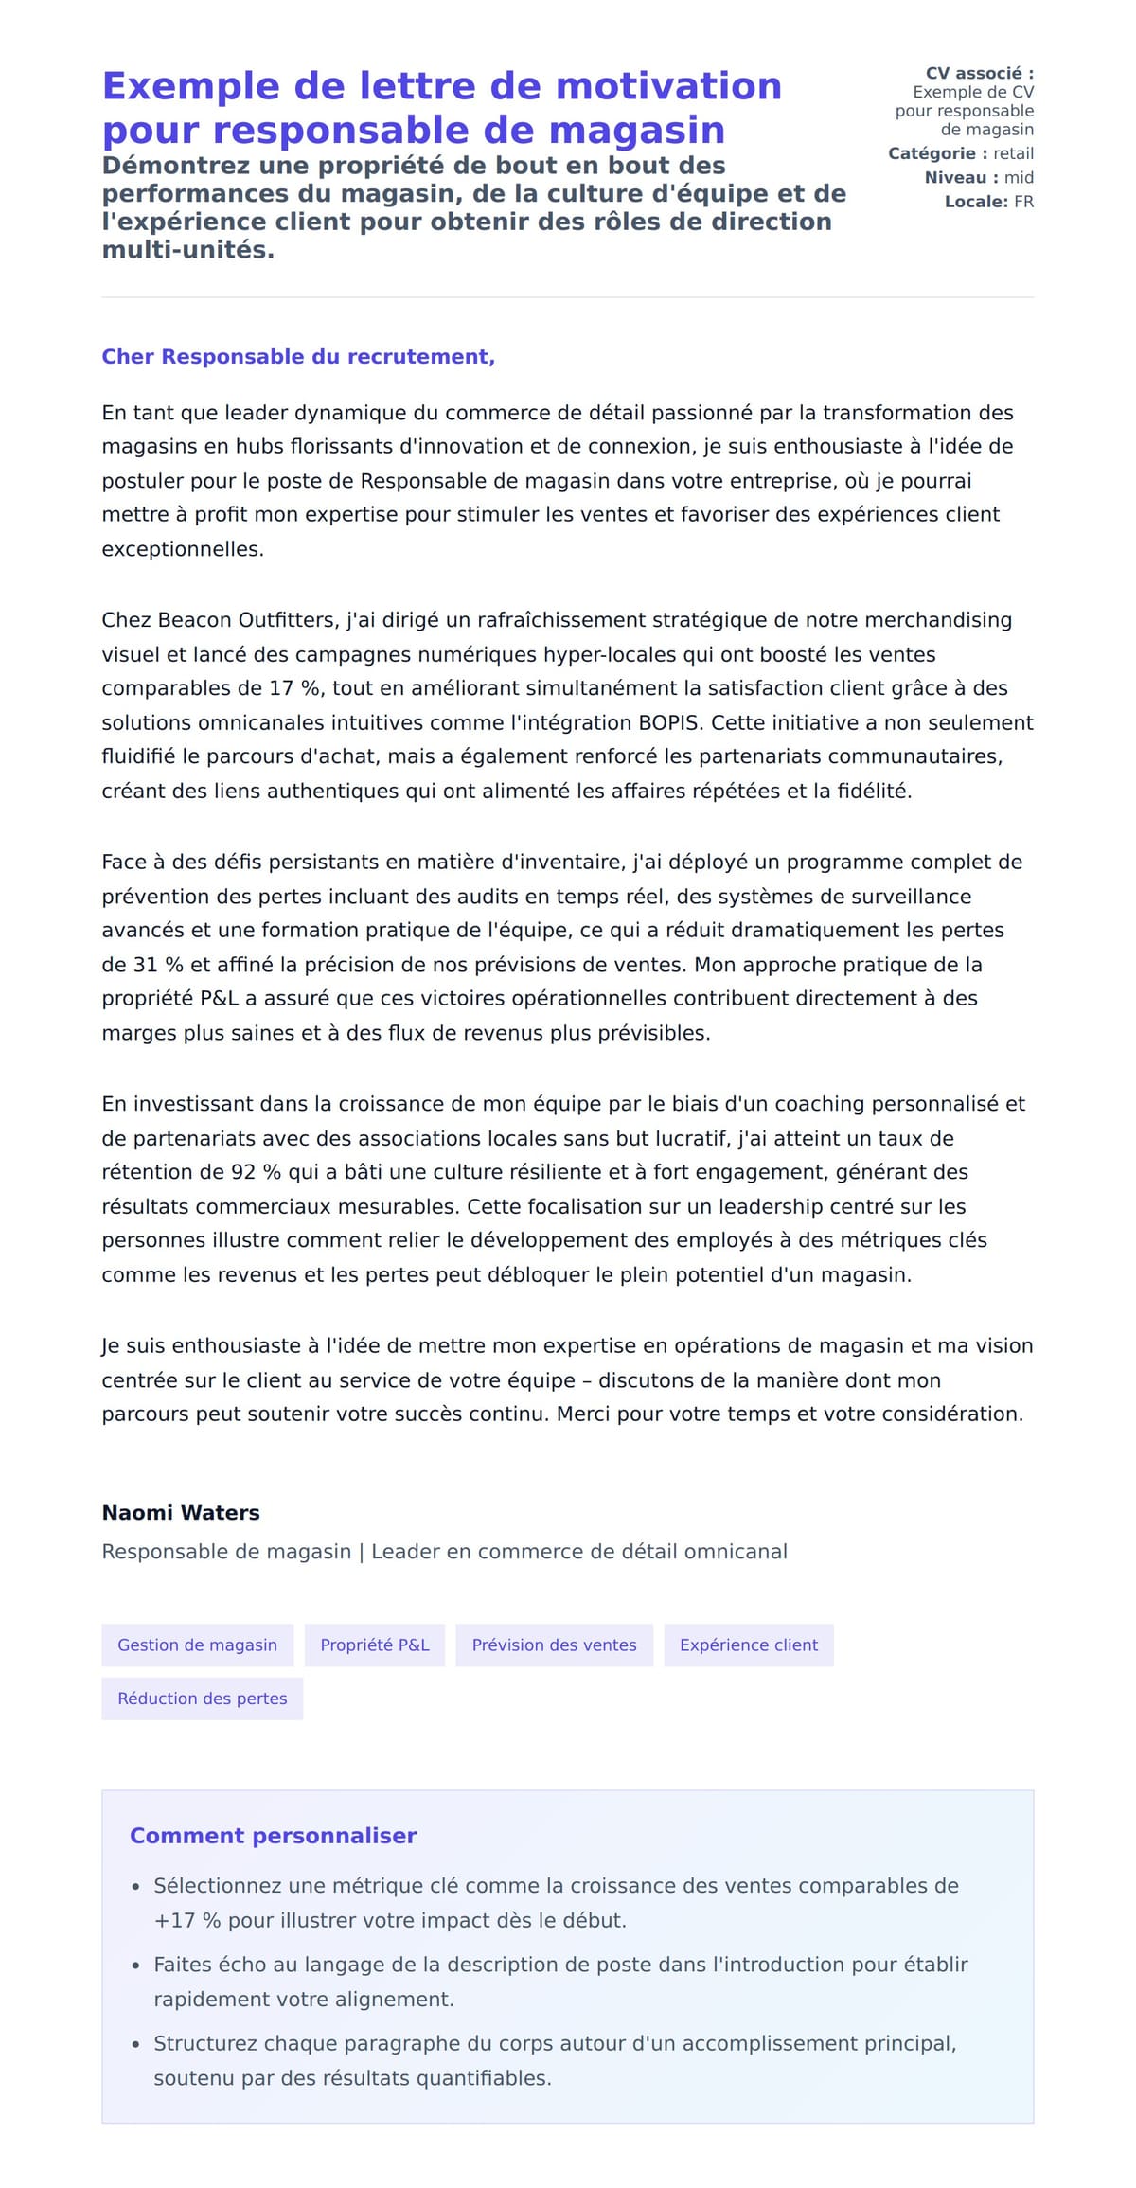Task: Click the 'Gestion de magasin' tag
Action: coord(197,1645)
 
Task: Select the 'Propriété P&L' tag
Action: coord(375,1645)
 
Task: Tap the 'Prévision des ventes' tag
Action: coord(554,1645)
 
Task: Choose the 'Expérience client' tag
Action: coord(748,1645)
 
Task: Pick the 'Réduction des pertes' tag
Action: coord(202,1699)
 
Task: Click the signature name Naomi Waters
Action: coord(181,1512)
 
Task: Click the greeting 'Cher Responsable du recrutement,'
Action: coord(298,357)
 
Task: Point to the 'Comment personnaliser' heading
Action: coord(273,1836)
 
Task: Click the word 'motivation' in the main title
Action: coord(668,86)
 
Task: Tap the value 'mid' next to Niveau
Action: coord(1019,178)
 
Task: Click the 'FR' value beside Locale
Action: coord(1023,202)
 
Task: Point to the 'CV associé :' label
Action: coord(979,73)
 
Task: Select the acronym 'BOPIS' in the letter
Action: coord(669,722)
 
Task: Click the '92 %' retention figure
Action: coord(256,1172)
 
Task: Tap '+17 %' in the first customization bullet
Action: coord(187,1921)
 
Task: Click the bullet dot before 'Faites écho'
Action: coord(135,1966)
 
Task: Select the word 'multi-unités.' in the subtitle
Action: coord(187,250)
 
